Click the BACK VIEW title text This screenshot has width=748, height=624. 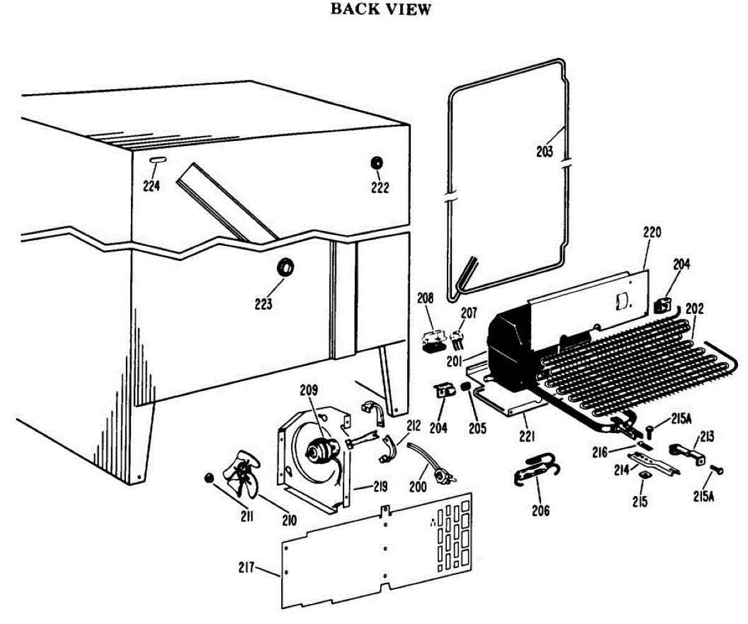[x=380, y=9]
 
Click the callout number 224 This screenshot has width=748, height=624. [x=151, y=185]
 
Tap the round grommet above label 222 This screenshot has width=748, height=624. [x=377, y=162]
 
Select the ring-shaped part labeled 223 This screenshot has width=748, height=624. [x=286, y=267]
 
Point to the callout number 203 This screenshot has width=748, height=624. [x=544, y=151]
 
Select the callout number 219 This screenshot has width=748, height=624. [x=363, y=487]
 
